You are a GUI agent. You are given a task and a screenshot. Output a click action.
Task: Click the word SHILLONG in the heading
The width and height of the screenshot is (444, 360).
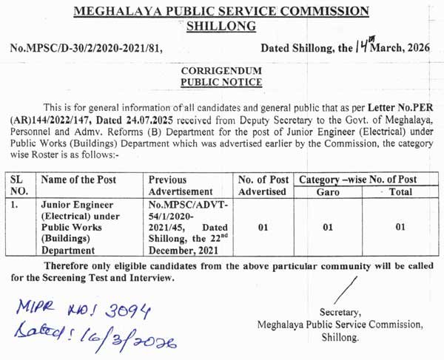[x=221, y=26]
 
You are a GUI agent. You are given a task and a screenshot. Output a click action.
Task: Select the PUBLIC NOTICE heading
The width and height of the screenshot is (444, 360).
[x=221, y=83]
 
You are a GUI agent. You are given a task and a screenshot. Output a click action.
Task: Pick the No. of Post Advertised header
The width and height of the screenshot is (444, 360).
[x=263, y=186]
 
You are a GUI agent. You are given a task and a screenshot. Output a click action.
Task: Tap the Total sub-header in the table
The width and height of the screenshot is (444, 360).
[x=400, y=191]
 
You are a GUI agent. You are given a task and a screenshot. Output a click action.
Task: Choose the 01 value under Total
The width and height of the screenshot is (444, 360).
[x=400, y=227]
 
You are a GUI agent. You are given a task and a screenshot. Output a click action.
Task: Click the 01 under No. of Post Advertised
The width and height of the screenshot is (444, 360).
[x=263, y=227]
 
